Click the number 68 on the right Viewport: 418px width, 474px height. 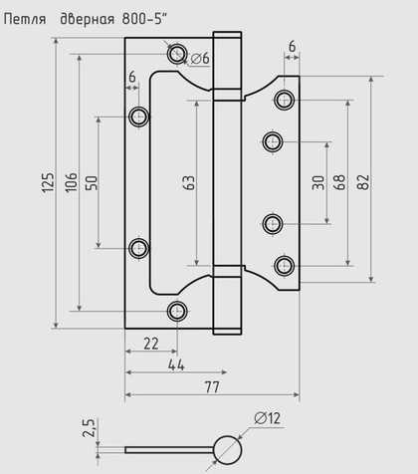(342, 182)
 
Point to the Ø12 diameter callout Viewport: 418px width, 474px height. (267, 418)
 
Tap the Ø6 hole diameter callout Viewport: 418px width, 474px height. (200, 60)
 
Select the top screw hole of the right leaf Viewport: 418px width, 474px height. (286, 99)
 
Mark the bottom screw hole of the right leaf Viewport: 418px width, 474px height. (286, 265)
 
